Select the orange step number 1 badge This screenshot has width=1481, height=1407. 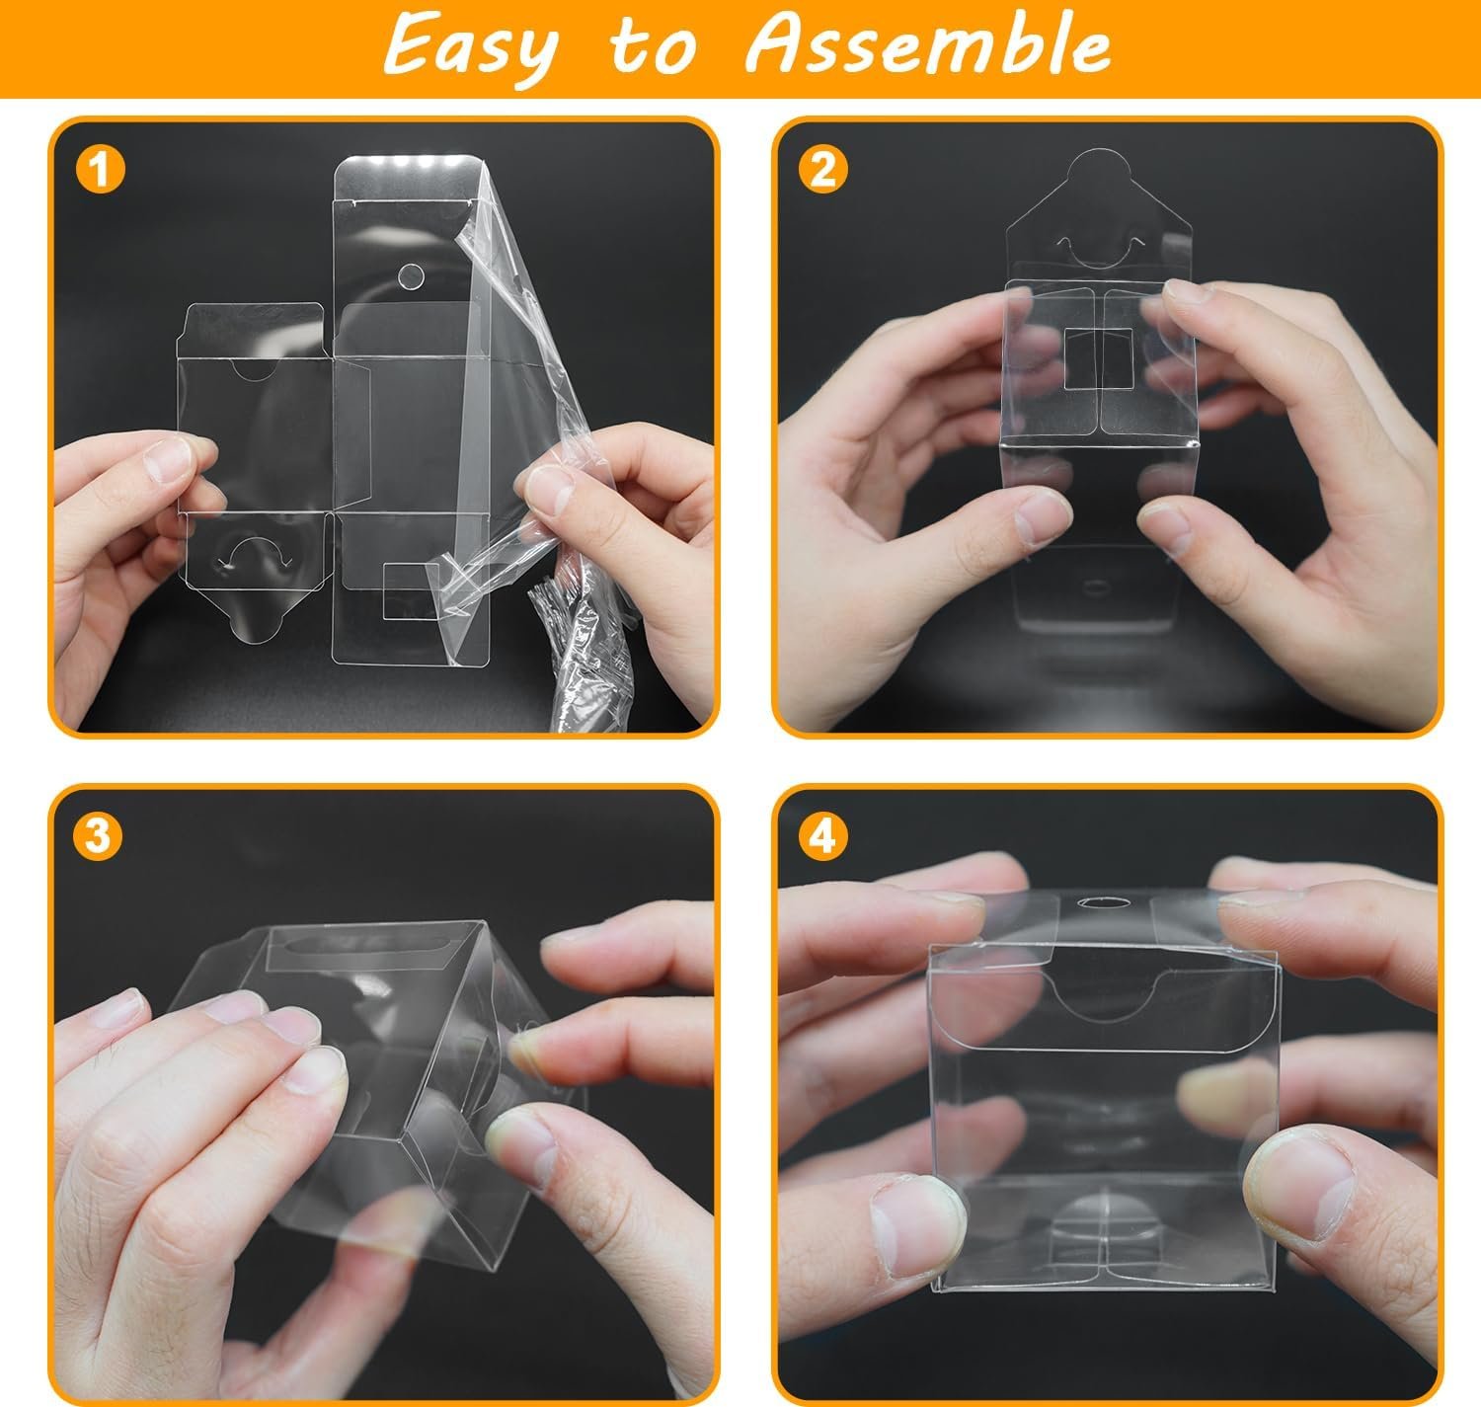point(98,170)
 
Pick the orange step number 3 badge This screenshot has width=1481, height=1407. point(98,837)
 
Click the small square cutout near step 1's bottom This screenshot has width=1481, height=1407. point(411,590)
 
